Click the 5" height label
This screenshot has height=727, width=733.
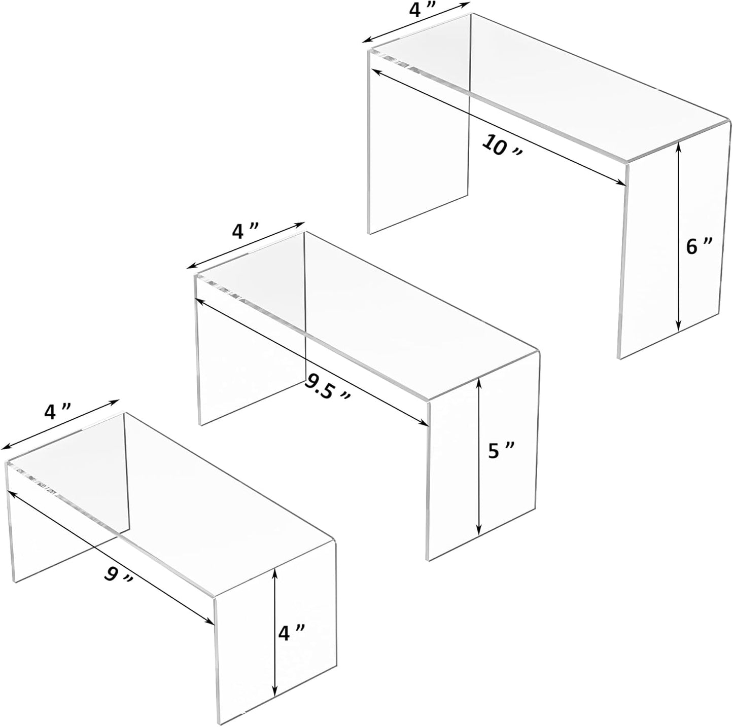502,451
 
